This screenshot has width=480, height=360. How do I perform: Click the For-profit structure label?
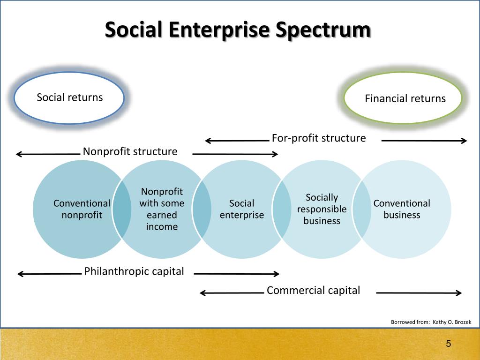click(x=318, y=138)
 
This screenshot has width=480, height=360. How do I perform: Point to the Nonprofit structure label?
click(x=130, y=151)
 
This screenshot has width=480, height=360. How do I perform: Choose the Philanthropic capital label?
click(x=134, y=271)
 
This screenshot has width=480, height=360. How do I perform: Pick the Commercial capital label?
click(x=313, y=290)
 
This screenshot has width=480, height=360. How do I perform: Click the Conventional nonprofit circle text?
click(x=82, y=209)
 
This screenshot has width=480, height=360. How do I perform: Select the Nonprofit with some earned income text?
click(x=162, y=209)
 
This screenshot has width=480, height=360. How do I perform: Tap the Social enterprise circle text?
click(x=241, y=209)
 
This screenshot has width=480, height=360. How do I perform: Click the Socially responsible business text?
click(x=322, y=209)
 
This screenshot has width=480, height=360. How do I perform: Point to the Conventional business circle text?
click(x=402, y=209)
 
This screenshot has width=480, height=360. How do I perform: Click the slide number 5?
click(x=448, y=344)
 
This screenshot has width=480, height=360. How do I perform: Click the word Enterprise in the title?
click(x=218, y=30)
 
